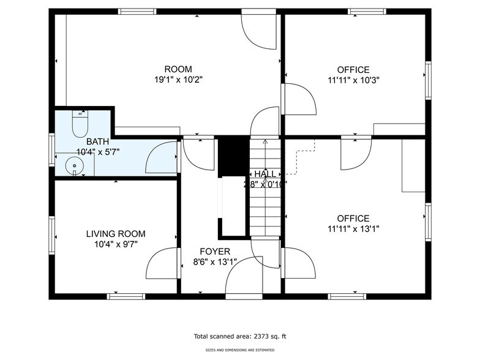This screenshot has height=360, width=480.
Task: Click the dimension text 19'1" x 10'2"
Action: (178, 80)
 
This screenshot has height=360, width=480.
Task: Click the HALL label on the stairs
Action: (265, 174)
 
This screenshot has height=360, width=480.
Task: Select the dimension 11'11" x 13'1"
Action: (353, 229)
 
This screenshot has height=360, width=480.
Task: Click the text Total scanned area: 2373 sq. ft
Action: (240, 336)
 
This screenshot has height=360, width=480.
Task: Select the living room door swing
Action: (161, 263)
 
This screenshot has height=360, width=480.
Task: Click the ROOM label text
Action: (178, 69)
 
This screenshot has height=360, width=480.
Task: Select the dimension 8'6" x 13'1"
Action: (215, 262)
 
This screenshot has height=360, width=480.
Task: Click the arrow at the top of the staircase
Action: (265, 143)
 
